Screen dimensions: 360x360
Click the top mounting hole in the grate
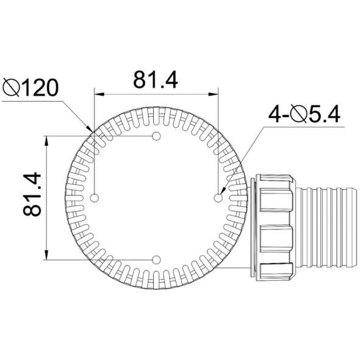tap(156, 135)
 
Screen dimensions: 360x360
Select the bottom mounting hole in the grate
tap(156, 260)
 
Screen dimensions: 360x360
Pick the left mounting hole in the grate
tap(94, 197)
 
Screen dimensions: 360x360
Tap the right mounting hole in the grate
tap(218, 197)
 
